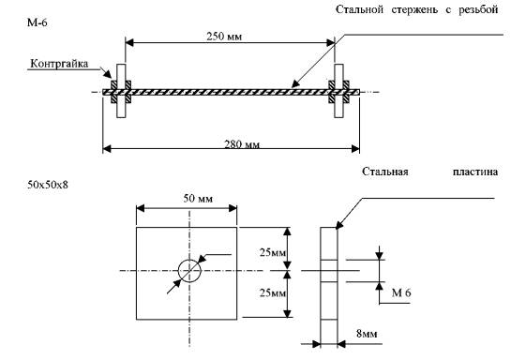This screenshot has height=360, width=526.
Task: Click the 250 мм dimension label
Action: pyautogui.click(x=224, y=36)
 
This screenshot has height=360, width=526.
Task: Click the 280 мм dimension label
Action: pyautogui.click(x=242, y=144)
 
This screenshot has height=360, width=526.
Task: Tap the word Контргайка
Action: pyautogui.click(x=59, y=64)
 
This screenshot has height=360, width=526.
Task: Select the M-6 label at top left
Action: pyautogui.click(x=38, y=22)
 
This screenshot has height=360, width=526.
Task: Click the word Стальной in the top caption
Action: pyautogui.click(x=359, y=9)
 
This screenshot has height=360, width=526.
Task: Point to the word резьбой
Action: pyautogui.click(x=478, y=9)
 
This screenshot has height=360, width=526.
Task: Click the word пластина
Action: pyautogui.click(x=475, y=172)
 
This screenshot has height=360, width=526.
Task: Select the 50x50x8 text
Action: pyautogui.click(x=48, y=185)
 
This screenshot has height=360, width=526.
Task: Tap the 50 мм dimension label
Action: pyautogui.click(x=198, y=199)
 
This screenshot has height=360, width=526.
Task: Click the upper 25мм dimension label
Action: pyautogui.click(x=273, y=252)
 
